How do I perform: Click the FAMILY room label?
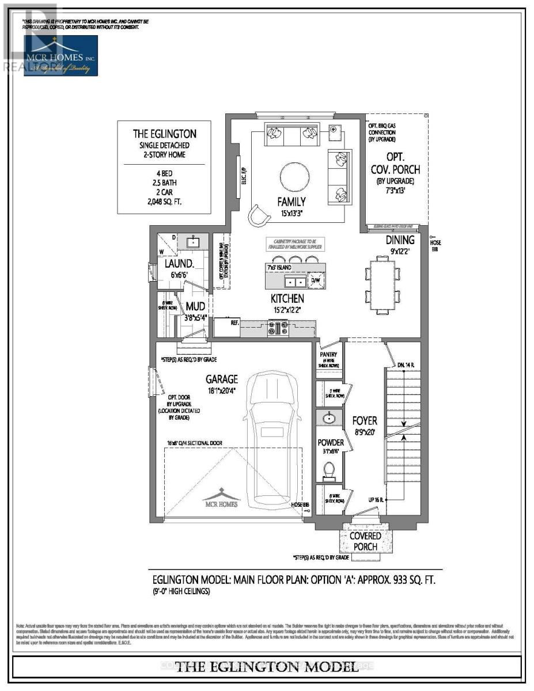(x=291, y=202)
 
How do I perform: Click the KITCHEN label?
(x=287, y=298)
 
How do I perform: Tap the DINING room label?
(x=400, y=240)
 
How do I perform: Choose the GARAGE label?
(x=222, y=379)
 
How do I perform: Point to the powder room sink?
(x=330, y=417)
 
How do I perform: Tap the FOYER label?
(x=364, y=421)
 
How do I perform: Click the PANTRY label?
(x=330, y=355)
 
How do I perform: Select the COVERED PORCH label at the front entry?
(x=365, y=541)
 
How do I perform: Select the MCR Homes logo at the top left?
(x=60, y=55)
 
